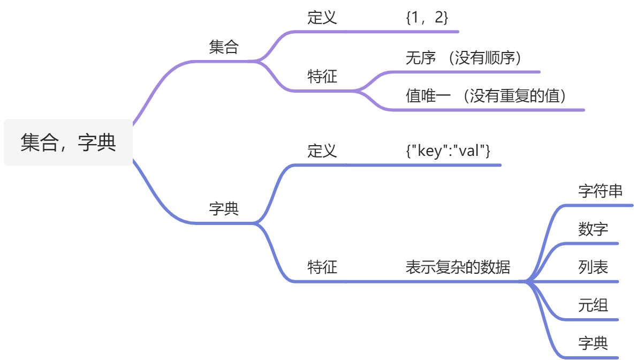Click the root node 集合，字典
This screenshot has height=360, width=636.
click(68, 143)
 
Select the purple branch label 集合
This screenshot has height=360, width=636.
click(224, 47)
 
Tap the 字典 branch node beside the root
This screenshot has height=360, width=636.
click(224, 209)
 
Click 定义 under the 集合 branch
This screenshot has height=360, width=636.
click(322, 18)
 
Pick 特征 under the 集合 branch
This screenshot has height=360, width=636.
click(322, 77)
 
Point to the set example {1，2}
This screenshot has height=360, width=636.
click(427, 18)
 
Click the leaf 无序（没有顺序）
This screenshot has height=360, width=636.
click(464, 58)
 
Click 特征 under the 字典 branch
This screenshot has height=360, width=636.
click(322, 267)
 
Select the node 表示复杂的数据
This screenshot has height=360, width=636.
click(458, 267)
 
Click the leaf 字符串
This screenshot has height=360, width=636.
click(601, 191)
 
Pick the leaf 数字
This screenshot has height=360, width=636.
click(593, 229)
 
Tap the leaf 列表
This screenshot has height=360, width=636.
click(593, 267)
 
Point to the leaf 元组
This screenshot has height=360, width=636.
click(593, 305)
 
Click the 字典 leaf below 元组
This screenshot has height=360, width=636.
click(593, 343)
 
